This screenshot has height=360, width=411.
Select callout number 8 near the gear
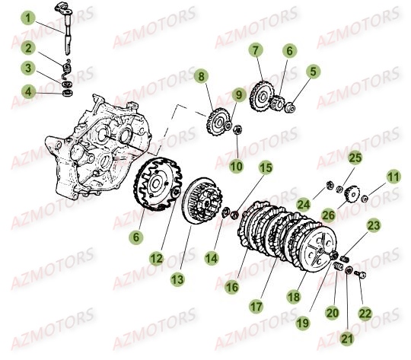click(x=200, y=76)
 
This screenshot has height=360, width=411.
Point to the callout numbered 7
click(x=256, y=50)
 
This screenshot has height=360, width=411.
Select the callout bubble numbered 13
click(x=177, y=279)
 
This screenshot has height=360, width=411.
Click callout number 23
click(x=373, y=225)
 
